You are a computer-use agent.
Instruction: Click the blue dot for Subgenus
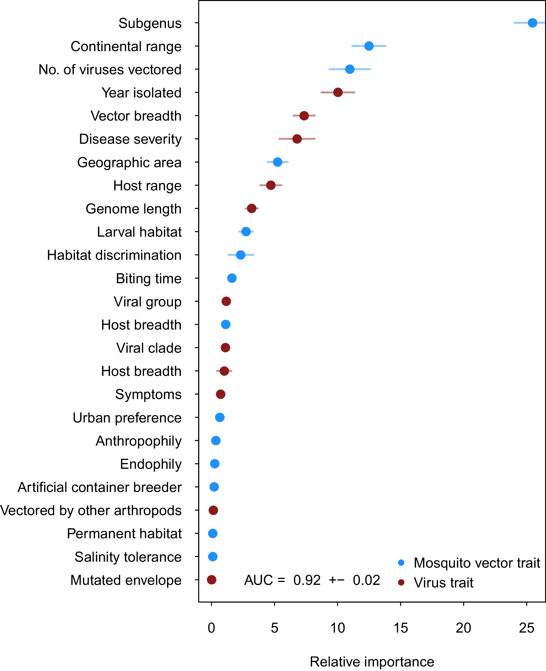pos(532,23)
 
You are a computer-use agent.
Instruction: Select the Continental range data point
pos(369,46)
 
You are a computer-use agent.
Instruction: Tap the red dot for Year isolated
pos(338,92)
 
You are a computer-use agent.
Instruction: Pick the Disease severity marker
pos(297,139)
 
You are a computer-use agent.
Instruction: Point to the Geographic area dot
pos(278,162)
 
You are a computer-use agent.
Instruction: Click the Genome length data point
pos(252,208)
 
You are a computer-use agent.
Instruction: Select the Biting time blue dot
pos(232,278)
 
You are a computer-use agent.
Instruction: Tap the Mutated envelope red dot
pos(212,580)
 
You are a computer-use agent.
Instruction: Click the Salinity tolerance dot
pos(213,557)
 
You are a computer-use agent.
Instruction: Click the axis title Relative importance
pos(372,662)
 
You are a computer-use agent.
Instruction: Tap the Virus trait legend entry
pos(443,583)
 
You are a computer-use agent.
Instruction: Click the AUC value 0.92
pos(307,580)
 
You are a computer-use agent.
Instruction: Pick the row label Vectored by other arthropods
pos(91,510)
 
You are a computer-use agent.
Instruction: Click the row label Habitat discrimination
pos(114,255)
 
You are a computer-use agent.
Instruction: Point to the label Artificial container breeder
pos(99,487)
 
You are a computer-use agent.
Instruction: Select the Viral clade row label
pos(149,348)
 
